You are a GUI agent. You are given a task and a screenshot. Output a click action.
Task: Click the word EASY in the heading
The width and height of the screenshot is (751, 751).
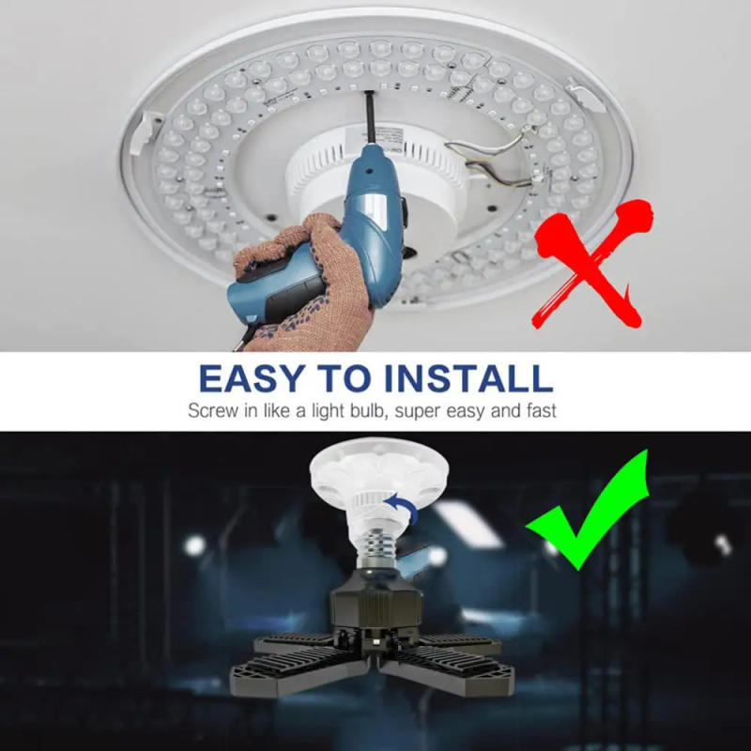click(x=251, y=378)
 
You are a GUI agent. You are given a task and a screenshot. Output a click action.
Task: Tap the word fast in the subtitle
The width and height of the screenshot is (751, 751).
click(x=541, y=411)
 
